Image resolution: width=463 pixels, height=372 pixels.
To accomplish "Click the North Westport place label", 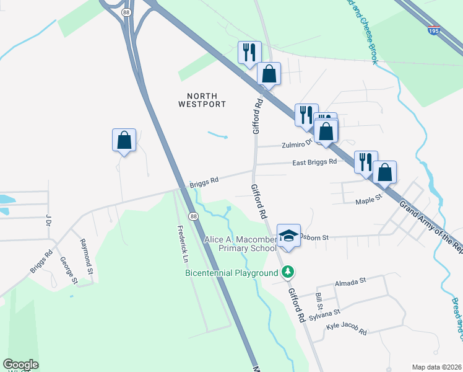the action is (x=202, y=100).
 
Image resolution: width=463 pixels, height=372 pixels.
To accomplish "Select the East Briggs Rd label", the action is (x=314, y=162).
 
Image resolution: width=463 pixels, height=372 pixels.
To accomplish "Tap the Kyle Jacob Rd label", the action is (x=347, y=329).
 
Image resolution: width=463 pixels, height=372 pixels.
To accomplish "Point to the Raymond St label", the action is (x=87, y=254).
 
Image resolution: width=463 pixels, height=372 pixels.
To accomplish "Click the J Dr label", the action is (x=47, y=221).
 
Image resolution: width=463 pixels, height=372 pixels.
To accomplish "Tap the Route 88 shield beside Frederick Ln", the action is (x=194, y=216).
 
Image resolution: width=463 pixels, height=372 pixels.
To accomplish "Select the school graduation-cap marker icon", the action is (x=288, y=235).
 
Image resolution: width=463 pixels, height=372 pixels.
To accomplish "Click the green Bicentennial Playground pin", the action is (x=288, y=272).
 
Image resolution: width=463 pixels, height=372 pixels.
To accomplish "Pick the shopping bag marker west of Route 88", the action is (x=124, y=140).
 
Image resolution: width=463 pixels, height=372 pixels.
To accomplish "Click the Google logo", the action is (x=20, y=365).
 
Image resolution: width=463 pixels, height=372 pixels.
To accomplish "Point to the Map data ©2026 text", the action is (x=436, y=367).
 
